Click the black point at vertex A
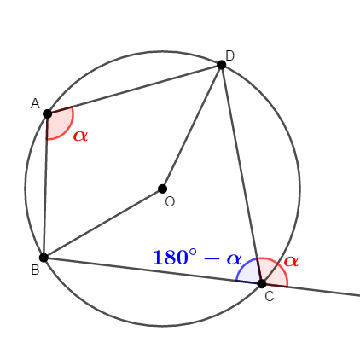48,113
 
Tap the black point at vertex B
44,258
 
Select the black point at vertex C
262,283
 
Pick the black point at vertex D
222,65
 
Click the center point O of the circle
162,189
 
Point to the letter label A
35,103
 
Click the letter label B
35,270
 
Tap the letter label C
270,297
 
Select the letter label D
229,55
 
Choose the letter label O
170,202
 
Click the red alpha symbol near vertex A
80,136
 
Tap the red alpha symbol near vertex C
291,261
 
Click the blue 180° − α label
197,258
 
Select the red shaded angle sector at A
58,123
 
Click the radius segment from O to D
192,127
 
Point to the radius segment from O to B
103,224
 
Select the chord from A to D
135,90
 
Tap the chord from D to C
241,174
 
